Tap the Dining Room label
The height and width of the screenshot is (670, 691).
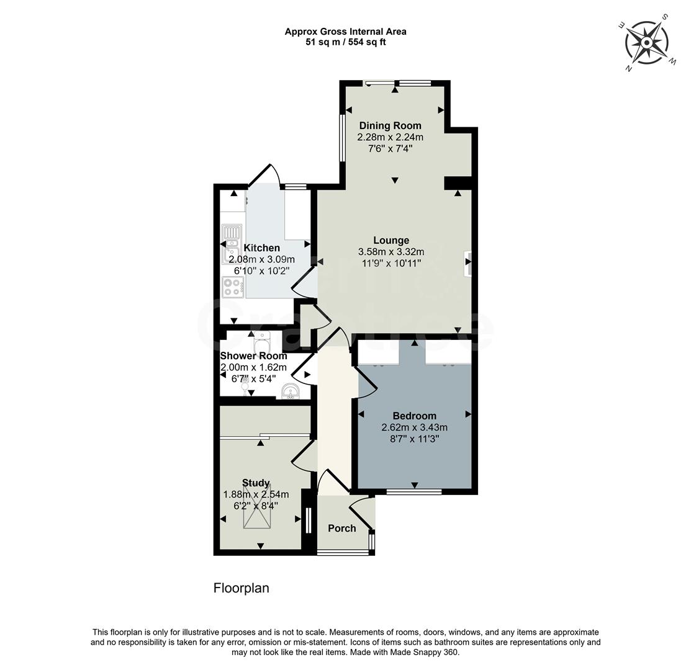click(x=390, y=126)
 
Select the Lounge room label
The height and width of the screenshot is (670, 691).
click(x=391, y=241)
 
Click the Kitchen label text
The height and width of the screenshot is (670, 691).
click(x=261, y=248)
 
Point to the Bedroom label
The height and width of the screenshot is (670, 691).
click(x=414, y=416)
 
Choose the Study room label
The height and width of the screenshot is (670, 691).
click(x=256, y=483)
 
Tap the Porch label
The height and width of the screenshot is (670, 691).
click(x=341, y=529)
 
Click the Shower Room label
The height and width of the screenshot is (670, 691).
click(x=253, y=356)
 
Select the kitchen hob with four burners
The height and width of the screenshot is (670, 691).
click(x=233, y=287)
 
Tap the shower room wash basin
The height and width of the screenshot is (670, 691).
click(x=289, y=391)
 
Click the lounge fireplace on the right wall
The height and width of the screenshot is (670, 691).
click(x=467, y=263)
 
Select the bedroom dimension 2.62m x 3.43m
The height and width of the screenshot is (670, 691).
click(x=414, y=427)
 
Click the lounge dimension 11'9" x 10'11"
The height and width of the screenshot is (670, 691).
click(x=391, y=263)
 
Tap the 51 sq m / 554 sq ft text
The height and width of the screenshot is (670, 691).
click(x=345, y=42)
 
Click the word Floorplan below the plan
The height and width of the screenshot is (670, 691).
click(x=242, y=588)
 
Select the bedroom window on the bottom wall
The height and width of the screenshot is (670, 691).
click(x=414, y=492)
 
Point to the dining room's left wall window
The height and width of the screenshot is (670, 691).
click(x=341, y=136)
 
